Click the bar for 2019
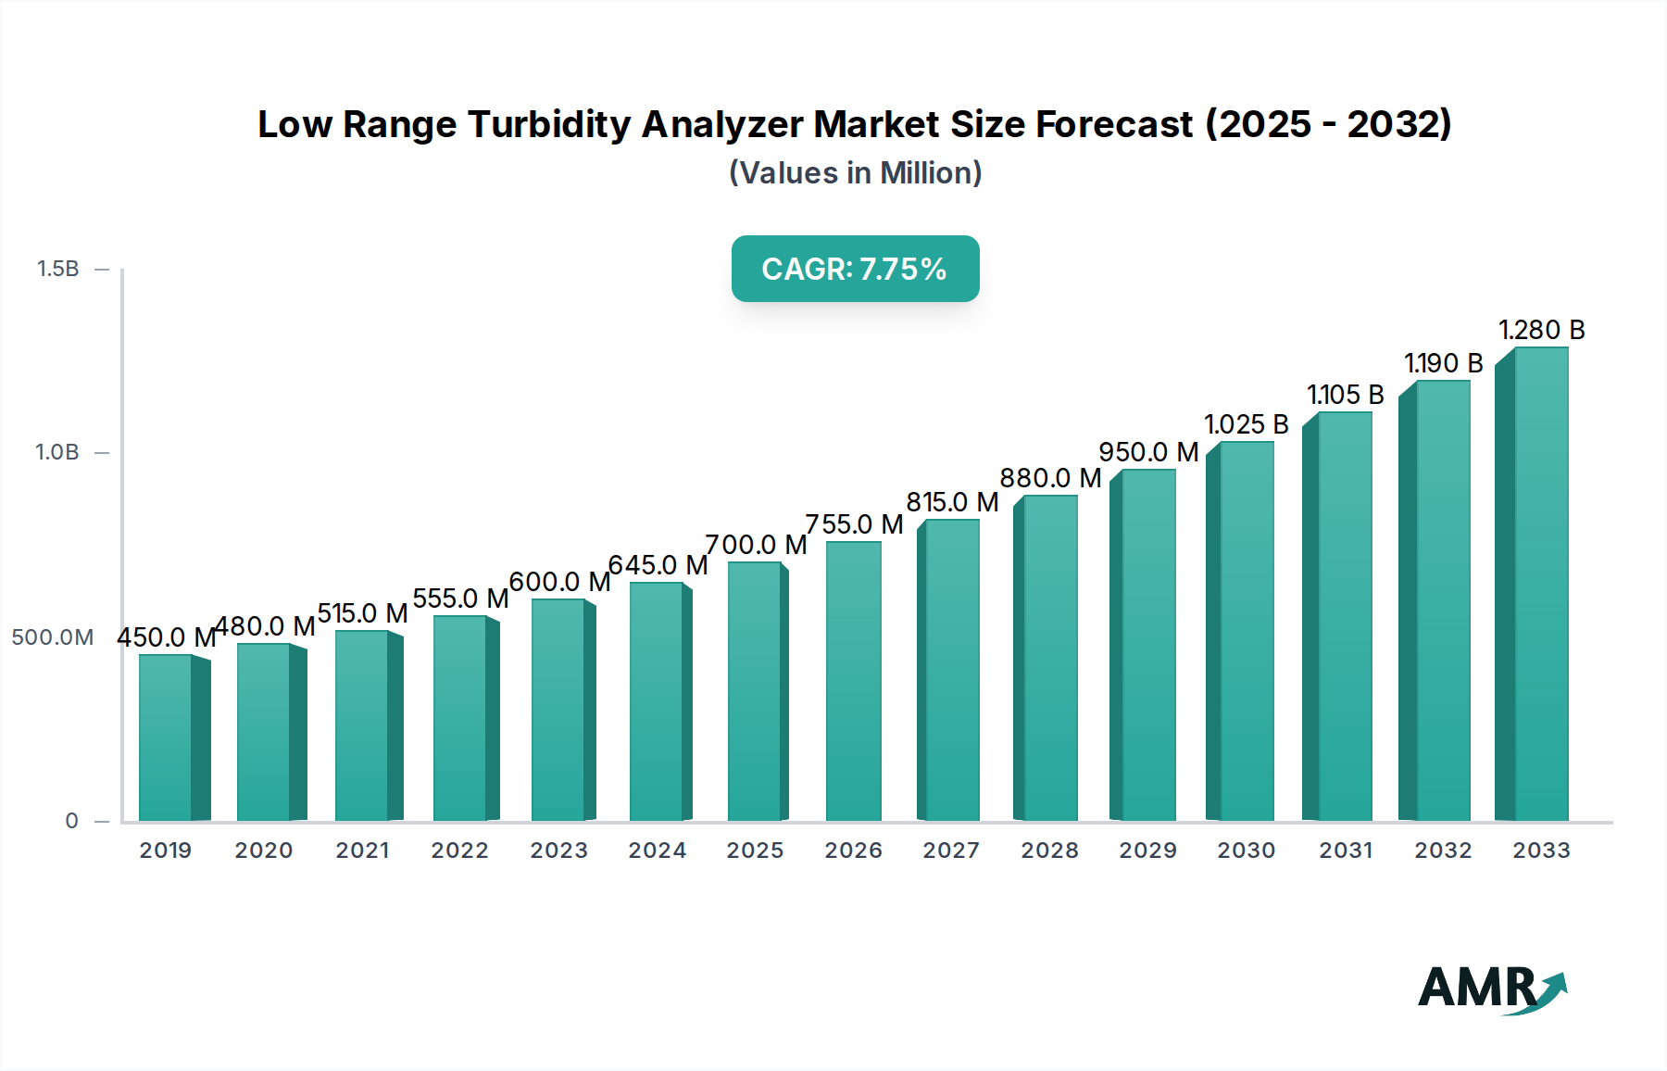[167, 737]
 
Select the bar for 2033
[1540, 584]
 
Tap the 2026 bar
[853, 681]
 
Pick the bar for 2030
[1246, 631]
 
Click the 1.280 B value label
[1541, 330]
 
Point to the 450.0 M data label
[165, 637]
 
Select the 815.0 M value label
[951, 502]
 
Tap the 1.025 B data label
[1246, 424]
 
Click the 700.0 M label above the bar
[755, 545]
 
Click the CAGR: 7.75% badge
[855, 269]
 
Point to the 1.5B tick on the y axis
[57, 269]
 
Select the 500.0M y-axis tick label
[53, 637]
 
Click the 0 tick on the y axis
[71, 821]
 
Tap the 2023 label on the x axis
[558, 850]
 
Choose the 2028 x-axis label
[1049, 850]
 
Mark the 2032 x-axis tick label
[1442, 850]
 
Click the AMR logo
[1491, 989]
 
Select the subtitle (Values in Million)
[855, 173]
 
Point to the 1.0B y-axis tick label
[57, 453]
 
